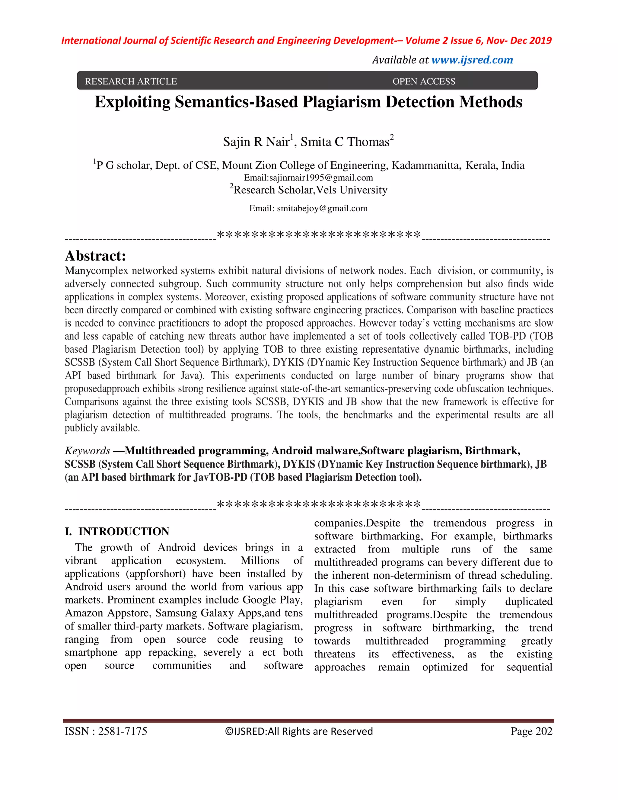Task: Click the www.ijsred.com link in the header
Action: tap(472, 60)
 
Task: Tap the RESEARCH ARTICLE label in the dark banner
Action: tap(131, 81)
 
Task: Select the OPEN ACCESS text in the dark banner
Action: tap(424, 81)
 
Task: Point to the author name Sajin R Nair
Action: tap(256, 142)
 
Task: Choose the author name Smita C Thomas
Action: tap(345, 142)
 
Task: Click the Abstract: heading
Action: tap(95, 256)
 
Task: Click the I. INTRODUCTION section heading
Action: tap(117, 532)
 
